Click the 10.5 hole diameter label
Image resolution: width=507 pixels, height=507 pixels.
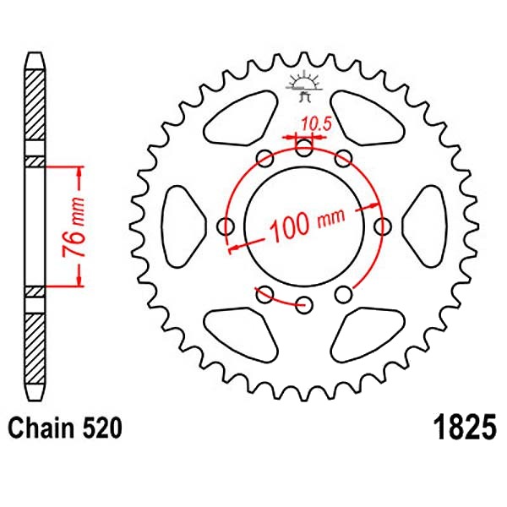(x=317, y=124)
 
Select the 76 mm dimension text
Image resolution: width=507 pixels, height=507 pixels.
(x=74, y=226)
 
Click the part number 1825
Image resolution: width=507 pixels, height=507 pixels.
(x=466, y=427)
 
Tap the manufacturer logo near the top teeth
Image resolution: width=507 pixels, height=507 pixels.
(x=304, y=86)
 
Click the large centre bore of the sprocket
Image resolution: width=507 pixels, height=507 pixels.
(x=304, y=226)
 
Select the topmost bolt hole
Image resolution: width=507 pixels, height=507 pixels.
(x=304, y=148)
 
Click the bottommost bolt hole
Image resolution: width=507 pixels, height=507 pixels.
(x=304, y=304)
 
